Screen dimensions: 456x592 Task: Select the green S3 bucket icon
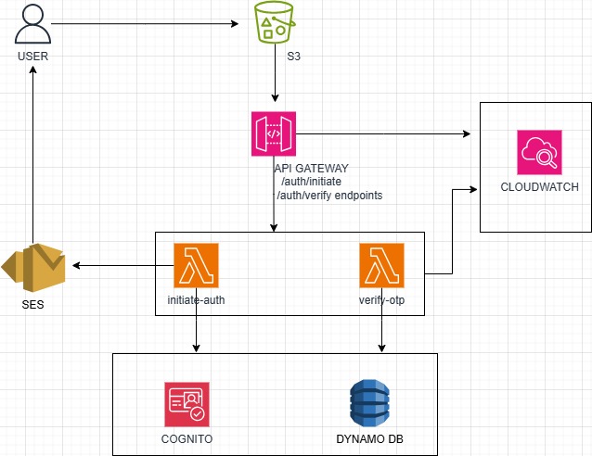(x=274, y=23)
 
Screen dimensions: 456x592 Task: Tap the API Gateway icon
(x=273, y=134)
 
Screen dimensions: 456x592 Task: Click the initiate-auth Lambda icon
(x=196, y=265)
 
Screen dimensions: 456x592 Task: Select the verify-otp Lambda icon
(x=381, y=265)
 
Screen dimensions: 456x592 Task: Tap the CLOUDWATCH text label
(x=539, y=187)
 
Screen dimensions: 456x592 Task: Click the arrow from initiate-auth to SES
(x=121, y=266)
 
